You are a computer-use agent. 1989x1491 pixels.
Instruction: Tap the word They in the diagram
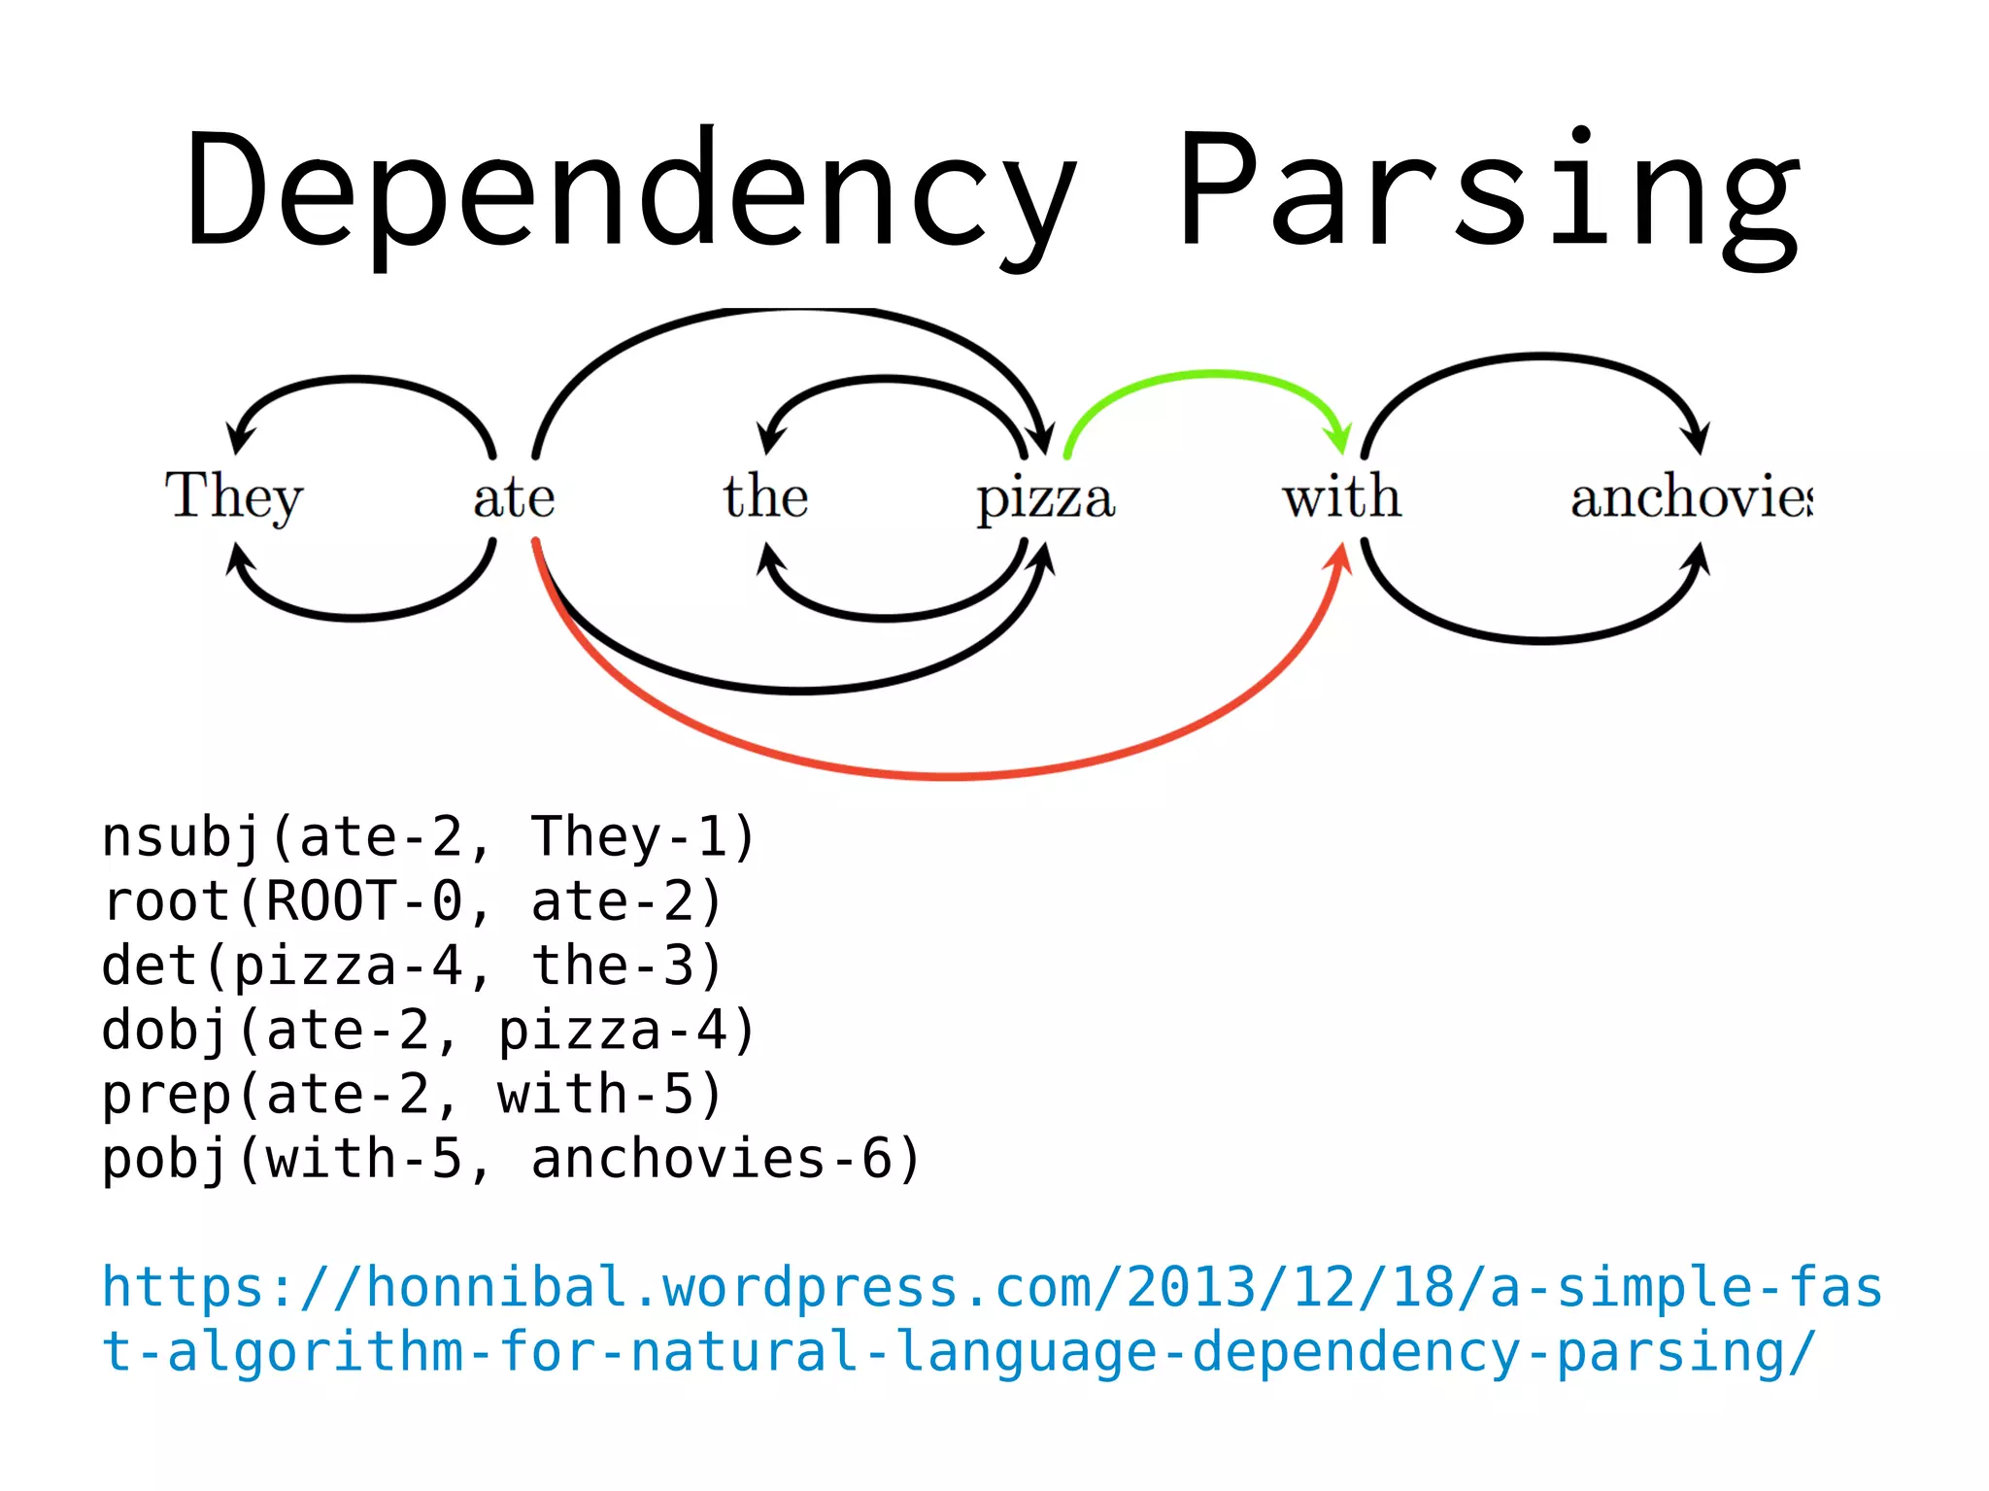pos(234,496)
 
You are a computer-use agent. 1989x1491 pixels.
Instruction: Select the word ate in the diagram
pos(514,498)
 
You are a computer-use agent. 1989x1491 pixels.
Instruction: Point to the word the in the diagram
pos(765,496)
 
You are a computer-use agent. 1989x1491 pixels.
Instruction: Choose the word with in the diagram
pos(1341,496)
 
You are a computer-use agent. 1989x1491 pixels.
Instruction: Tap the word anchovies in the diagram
pos(1690,496)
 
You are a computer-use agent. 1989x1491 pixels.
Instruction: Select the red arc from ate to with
pos(952,776)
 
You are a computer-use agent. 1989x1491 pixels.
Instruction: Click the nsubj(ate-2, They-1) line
pos(427,837)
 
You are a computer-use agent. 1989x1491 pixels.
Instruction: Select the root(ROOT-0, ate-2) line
pos(413,901)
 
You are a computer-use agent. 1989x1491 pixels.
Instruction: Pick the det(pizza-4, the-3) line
pos(413,966)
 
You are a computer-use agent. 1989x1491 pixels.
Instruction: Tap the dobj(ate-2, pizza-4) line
pos(427,1031)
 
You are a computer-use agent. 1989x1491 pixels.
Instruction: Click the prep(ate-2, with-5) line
pos(413,1095)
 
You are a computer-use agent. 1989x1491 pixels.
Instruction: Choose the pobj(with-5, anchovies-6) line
pos(511,1160)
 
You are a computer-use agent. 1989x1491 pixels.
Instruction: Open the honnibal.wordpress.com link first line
pos(991,1288)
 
